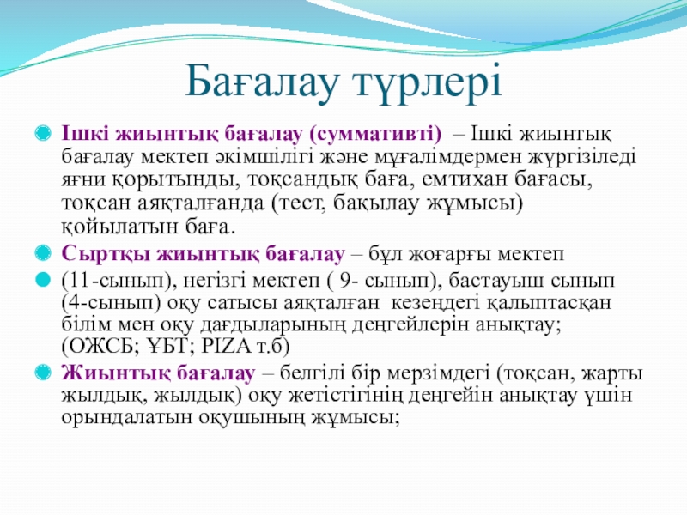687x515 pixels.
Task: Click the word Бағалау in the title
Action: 263,82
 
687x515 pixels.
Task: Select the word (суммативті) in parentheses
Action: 375,134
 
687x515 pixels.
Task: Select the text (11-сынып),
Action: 119,282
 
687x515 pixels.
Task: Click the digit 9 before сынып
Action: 345,281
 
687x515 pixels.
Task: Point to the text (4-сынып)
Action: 111,303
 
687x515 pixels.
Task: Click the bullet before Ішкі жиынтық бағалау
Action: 43,133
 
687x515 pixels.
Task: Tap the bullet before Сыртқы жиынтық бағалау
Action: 43,253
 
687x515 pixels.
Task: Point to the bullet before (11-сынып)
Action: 43,280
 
